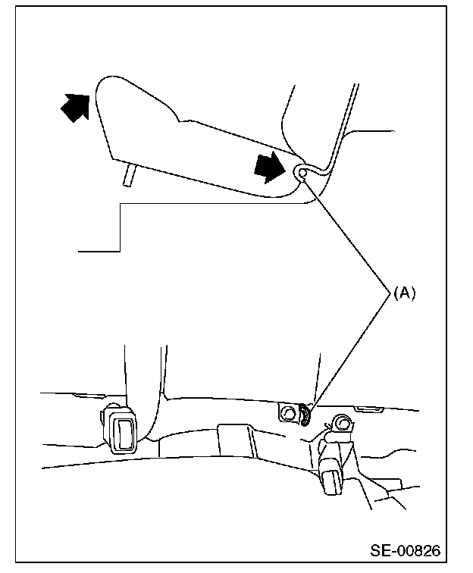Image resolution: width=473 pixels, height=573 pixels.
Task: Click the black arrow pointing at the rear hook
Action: [271, 166]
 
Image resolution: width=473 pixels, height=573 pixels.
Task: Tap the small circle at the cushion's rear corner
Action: [303, 174]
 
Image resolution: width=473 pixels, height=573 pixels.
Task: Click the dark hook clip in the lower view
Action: [305, 415]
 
